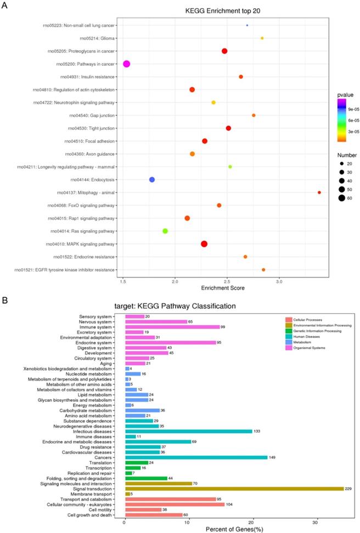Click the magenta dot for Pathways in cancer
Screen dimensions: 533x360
click(127, 64)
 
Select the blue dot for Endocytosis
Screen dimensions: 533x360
click(152, 180)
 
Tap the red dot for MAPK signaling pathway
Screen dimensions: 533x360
click(204, 244)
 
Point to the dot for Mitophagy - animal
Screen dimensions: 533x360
click(319, 192)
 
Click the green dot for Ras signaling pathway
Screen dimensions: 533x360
click(165, 231)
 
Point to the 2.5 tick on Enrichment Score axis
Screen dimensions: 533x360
click(227, 281)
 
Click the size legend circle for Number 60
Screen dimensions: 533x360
click(341, 198)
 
